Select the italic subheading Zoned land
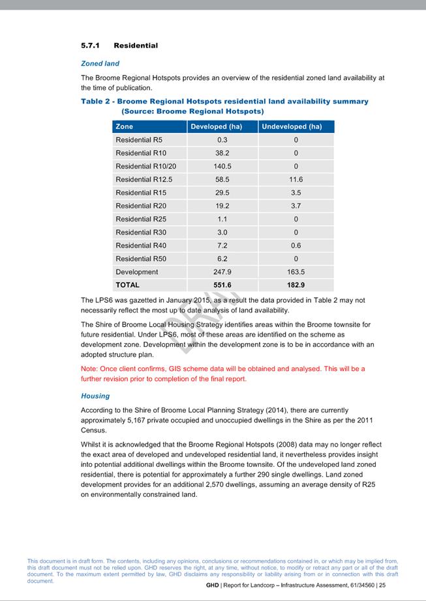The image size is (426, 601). coord(100,64)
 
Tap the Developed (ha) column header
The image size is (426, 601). coord(216,126)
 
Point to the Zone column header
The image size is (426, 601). coord(124,126)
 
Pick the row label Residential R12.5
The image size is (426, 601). coord(144,179)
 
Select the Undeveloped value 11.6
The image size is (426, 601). coord(296,179)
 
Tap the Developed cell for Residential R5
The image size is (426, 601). coord(222,140)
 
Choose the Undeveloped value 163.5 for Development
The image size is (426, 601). coord(296,272)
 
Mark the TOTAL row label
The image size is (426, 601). coord(127,285)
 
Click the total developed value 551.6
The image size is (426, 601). coord(223,285)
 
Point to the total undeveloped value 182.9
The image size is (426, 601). coord(296,285)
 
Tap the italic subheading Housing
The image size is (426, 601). coord(95,396)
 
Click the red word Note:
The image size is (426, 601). coord(89,369)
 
